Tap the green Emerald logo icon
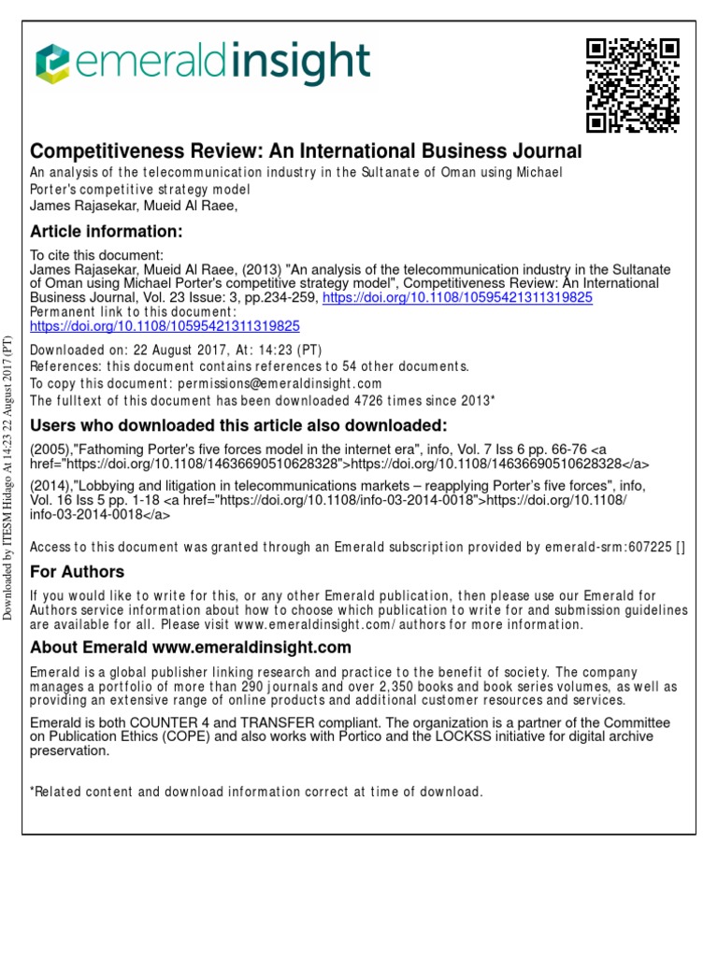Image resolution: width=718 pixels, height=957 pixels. pos(52,64)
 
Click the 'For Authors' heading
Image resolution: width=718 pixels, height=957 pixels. pos(78,571)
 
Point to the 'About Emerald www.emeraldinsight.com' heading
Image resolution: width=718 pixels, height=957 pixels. pos(191,647)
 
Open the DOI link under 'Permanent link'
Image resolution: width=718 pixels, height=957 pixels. pos(165,326)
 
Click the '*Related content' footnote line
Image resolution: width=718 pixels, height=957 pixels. pos(257,792)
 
